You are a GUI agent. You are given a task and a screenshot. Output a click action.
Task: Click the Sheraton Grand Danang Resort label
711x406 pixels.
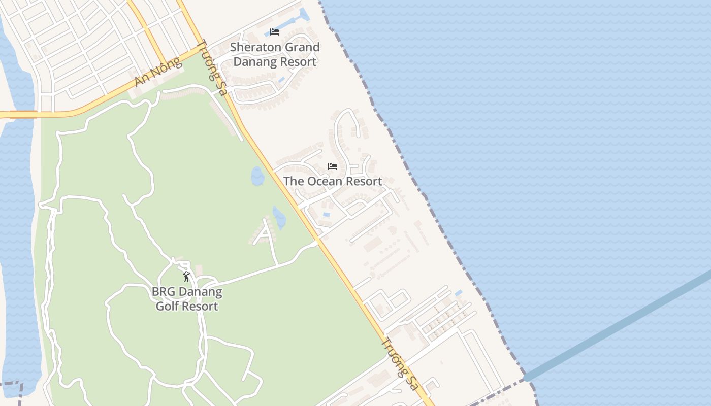pyautogui.click(x=275, y=54)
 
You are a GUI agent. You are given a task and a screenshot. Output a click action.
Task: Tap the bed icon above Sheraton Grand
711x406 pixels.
pyautogui.click(x=275, y=31)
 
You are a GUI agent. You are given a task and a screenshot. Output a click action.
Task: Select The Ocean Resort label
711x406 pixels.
pyautogui.click(x=333, y=181)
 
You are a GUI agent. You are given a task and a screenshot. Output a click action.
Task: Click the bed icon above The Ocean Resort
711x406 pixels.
pyautogui.click(x=333, y=166)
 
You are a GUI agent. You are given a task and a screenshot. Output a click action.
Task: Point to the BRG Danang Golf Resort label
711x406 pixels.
pyautogui.click(x=187, y=299)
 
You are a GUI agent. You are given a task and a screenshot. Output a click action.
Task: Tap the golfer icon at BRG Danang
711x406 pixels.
pyautogui.click(x=186, y=277)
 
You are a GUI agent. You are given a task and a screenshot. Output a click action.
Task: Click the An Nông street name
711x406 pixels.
pyautogui.click(x=158, y=72)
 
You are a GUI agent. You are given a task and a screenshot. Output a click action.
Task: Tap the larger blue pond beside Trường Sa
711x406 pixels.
pyautogui.click(x=257, y=176)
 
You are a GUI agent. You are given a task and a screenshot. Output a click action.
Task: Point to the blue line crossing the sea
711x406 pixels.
pyautogui.click(x=620, y=325)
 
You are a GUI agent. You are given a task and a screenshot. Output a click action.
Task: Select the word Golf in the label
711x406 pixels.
pyautogui.click(x=167, y=306)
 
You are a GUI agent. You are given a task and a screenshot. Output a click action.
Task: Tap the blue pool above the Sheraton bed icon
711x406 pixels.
pyautogui.click(x=304, y=14)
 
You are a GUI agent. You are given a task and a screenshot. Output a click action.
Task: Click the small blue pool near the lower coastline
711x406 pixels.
pyautogui.click(x=459, y=293)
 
